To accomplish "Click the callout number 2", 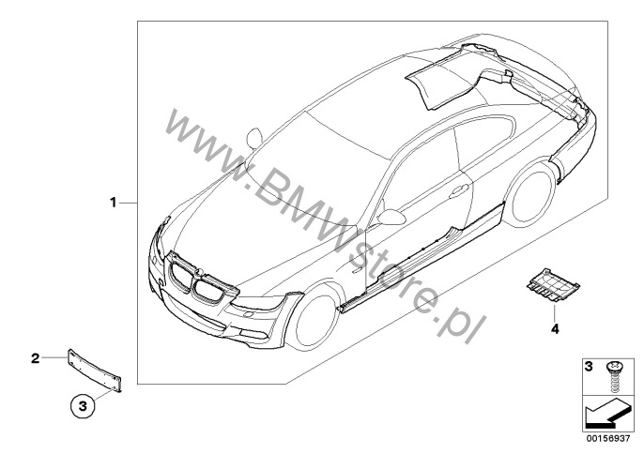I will click(35, 357).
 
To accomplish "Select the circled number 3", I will click(84, 406).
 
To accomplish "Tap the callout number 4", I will click(555, 329).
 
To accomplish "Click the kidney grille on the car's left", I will click(181, 281).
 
